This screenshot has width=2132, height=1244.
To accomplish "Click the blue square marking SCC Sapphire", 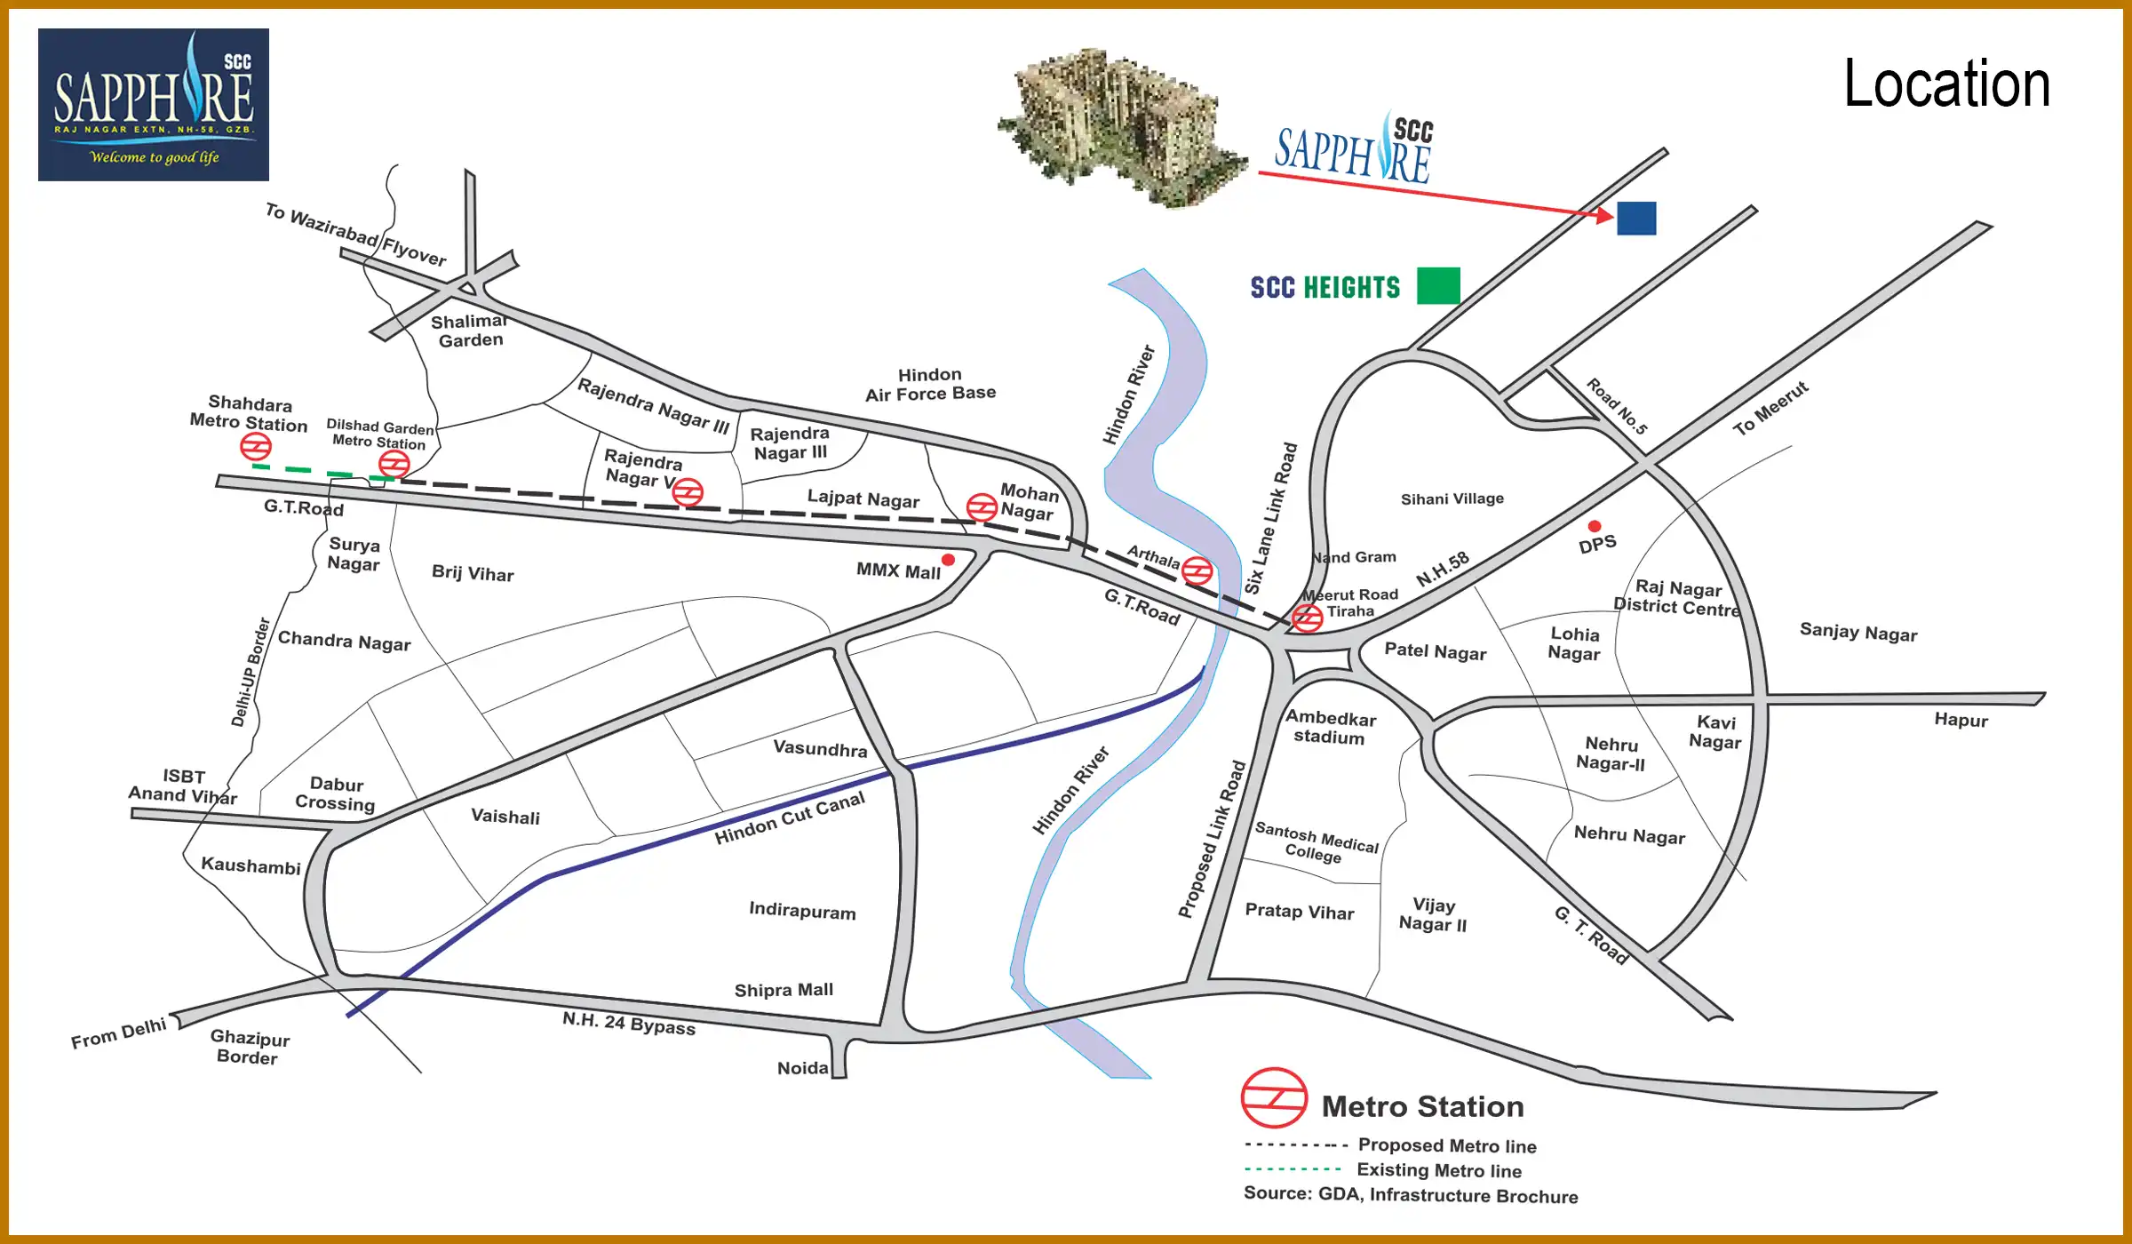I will tap(1636, 219).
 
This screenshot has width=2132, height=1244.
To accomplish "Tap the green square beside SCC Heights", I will tap(1438, 286).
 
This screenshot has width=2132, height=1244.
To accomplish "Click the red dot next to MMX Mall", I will tap(948, 560).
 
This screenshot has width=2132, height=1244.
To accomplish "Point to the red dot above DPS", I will tap(1595, 526).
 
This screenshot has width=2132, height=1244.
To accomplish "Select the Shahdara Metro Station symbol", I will tap(256, 446).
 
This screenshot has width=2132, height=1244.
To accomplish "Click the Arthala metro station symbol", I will tap(1197, 570).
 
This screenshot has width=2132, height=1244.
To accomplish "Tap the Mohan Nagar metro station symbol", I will tap(982, 507).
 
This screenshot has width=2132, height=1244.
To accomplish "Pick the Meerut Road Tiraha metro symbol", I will tap(1308, 617).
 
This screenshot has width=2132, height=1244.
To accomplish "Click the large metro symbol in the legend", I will tap(1274, 1098).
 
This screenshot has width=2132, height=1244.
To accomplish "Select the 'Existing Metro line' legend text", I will tap(1439, 1170).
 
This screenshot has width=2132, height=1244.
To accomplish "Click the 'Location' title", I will tap(1946, 84).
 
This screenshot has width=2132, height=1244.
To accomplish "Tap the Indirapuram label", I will tap(802, 911).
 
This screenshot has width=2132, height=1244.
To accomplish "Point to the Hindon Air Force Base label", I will tap(930, 384).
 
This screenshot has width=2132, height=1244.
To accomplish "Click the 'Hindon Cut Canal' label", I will tap(790, 818).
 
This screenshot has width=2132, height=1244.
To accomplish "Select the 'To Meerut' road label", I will tap(1770, 408).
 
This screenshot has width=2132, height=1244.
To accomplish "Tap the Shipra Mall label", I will tap(784, 990).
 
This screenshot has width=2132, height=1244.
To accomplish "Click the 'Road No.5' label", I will tap(1617, 407).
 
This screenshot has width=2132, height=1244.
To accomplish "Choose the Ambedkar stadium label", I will tap(1330, 727).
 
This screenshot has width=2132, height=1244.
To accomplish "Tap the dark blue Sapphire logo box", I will tap(154, 105).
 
